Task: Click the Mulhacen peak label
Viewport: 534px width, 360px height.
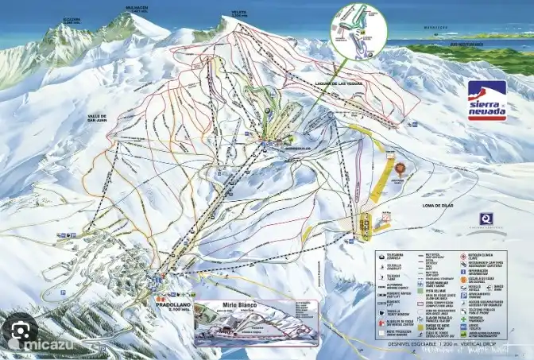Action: coord(137,10)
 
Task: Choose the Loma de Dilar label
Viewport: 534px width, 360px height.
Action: coord(435,206)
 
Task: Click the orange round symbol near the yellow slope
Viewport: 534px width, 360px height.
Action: coord(400,168)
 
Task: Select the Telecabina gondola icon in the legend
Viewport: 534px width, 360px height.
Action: coord(381,256)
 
